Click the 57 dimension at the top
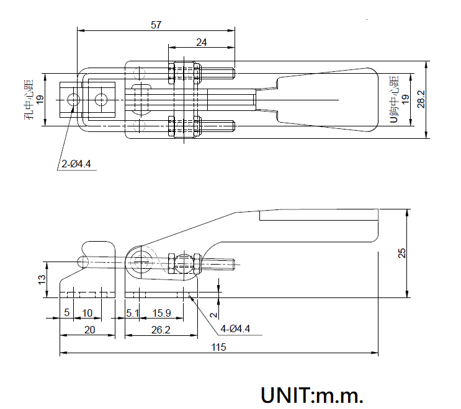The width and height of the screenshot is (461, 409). tap(156, 25)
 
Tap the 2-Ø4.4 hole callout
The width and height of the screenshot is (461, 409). tap(77, 164)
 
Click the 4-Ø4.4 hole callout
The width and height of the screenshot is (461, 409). tap(235, 328)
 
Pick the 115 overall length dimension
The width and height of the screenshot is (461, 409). tap(218, 348)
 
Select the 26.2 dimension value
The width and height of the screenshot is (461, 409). tap(160, 330)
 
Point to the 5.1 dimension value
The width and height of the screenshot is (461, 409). tap(132, 312)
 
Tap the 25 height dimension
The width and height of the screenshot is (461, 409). tap(401, 253)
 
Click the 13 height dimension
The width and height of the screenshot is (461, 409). tap(41, 279)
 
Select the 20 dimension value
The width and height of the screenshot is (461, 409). tap(89, 330)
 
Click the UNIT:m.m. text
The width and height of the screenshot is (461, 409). tap(311, 395)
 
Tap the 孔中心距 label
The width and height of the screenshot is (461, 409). tap(29, 99)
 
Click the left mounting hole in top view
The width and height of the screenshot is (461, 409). tap(74, 99)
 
